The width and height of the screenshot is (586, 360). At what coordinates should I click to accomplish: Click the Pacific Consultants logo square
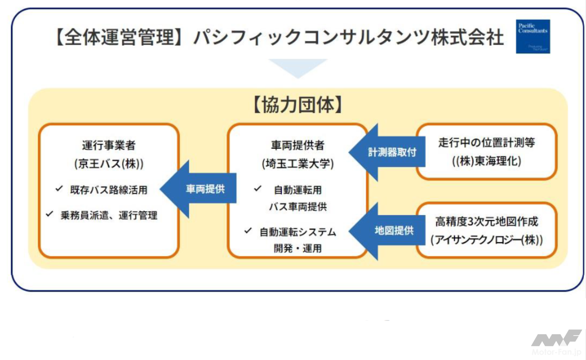click(533, 37)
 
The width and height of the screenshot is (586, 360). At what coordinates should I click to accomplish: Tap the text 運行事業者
click(109, 145)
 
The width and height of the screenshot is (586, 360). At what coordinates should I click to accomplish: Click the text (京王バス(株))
click(109, 164)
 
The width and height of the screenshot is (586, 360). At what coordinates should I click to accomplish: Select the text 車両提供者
click(297, 145)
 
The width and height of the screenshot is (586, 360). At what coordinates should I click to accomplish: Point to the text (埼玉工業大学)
click(297, 164)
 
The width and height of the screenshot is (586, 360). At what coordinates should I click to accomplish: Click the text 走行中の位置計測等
click(486, 143)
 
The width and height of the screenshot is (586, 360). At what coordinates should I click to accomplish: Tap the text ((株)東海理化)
click(486, 161)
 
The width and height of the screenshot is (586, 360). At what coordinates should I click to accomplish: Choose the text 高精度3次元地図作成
click(486, 222)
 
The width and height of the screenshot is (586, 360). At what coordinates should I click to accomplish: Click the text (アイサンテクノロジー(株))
click(486, 240)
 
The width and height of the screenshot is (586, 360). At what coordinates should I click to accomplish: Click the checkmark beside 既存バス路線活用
click(59, 189)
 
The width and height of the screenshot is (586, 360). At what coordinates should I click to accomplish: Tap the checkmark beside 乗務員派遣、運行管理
click(50, 214)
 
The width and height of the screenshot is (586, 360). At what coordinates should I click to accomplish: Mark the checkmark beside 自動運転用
click(258, 189)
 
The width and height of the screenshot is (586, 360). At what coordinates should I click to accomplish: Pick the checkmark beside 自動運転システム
click(248, 230)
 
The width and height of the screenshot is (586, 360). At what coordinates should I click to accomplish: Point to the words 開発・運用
click(297, 249)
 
